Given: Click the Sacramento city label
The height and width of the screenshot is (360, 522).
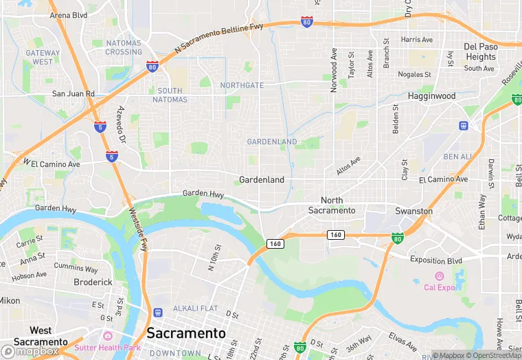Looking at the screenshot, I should point(186,333).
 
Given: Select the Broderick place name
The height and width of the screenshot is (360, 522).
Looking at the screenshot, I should point(93,282).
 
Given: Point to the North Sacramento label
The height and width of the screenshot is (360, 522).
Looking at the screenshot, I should point(332,205).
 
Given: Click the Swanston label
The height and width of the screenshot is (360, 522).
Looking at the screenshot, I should point(414,211).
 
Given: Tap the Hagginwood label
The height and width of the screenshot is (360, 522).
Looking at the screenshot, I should point(431,96).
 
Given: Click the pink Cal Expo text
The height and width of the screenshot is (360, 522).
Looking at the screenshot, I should point(440,287).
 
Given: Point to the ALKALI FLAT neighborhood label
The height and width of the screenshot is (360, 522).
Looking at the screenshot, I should point(195,308).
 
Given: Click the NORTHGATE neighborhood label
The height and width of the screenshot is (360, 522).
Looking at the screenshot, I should point(242,85).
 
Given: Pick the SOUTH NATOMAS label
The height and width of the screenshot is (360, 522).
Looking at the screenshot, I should point(170,95).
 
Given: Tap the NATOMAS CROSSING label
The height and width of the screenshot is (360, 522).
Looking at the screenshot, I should point(124,47).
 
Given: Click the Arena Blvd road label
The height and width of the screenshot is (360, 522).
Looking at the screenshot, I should point(69,14).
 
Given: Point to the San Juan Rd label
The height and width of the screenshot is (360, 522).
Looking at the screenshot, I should point(73,93).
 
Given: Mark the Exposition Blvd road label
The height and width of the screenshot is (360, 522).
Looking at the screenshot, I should point(436,260).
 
